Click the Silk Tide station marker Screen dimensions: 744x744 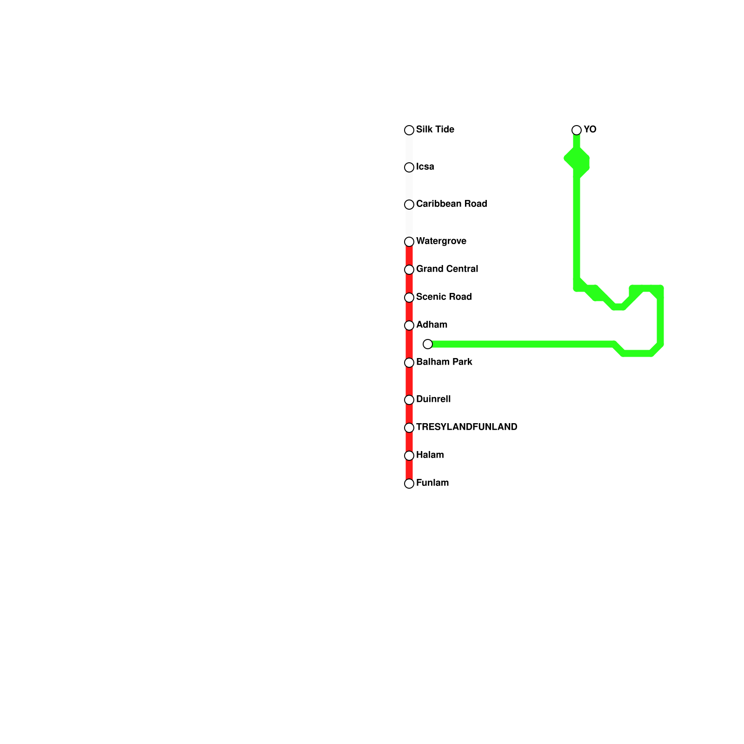409,130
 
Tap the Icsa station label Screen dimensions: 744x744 425,167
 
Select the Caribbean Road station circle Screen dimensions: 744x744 409,205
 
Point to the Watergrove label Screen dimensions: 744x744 441,241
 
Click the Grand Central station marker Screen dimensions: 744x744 409,270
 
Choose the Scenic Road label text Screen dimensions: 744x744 444,297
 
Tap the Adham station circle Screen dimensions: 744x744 409,325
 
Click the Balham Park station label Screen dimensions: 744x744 444,362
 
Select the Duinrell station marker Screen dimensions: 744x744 409,400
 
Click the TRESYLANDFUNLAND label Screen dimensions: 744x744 466,427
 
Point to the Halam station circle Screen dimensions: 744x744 409,456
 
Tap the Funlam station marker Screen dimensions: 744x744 409,484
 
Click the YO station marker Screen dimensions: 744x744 577,130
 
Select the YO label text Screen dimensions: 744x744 590,130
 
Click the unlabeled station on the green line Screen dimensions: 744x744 428,344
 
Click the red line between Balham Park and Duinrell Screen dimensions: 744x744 409,381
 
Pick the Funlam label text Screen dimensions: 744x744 432,483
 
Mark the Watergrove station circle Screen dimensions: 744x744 409,242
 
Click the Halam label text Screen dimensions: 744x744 430,455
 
